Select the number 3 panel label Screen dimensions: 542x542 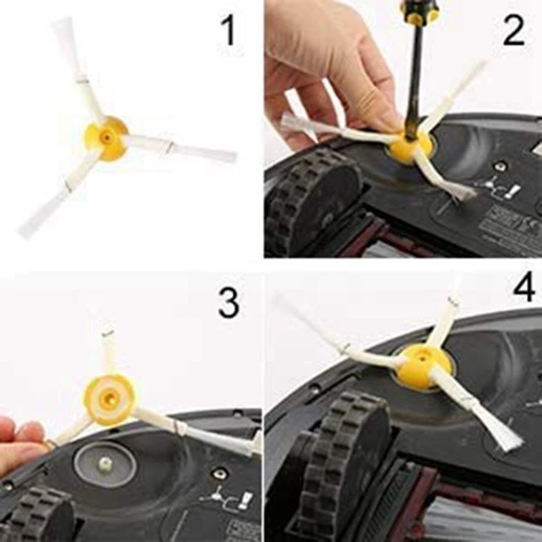pyautogui.click(x=228, y=302)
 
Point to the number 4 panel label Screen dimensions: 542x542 pyautogui.click(x=523, y=287)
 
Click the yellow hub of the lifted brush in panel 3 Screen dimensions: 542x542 pyautogui.click(x=110, y=400)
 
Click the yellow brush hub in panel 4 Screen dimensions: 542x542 pyautogui.click(x=423, y=366)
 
